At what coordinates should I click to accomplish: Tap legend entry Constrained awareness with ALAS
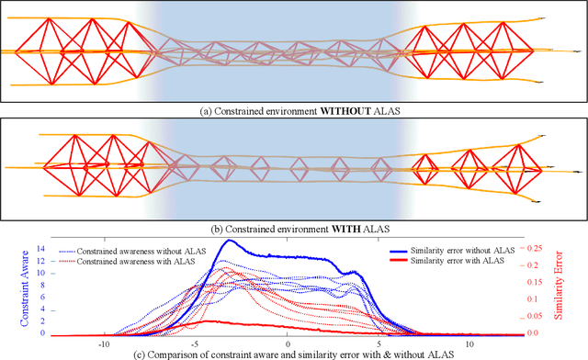tap(136, 262)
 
